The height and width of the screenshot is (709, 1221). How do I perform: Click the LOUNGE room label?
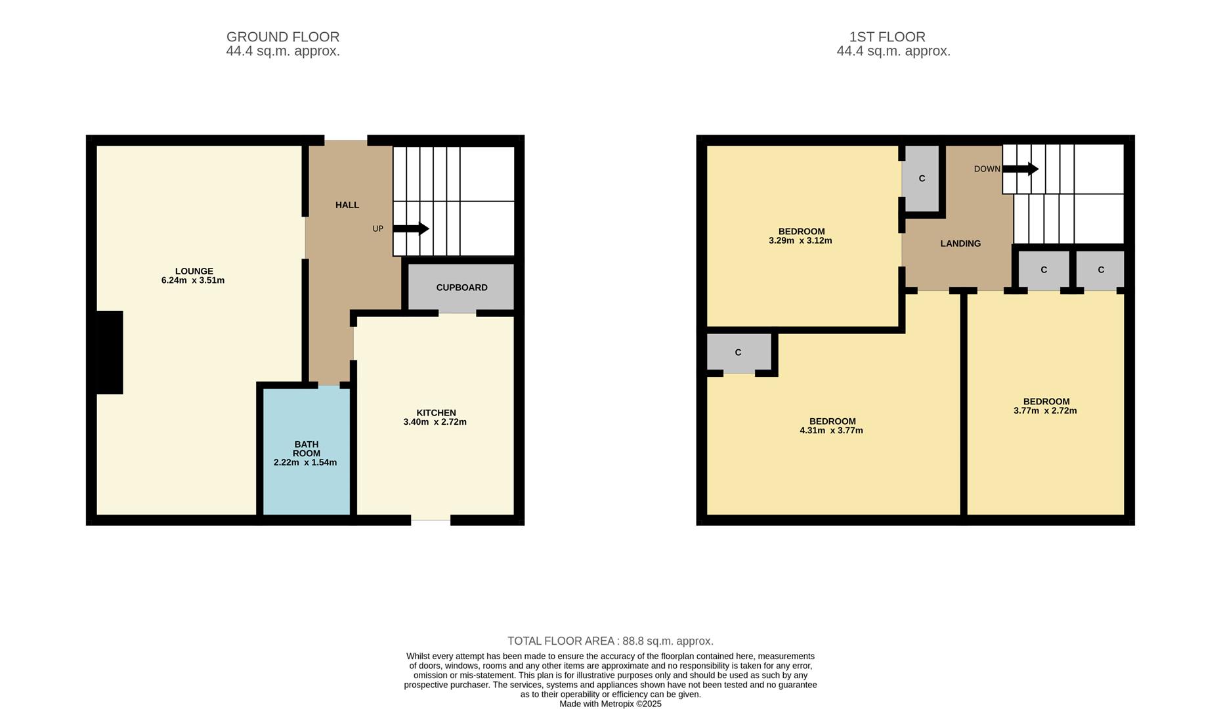[x=194, y=271]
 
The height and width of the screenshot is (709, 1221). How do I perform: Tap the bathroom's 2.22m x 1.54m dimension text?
[x=305, y=462]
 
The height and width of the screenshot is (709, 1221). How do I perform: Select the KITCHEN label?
[x=436, y=413]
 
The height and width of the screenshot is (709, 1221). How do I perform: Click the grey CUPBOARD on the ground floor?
[x=461, y=287]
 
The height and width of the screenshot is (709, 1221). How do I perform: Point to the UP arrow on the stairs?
[x=411, y=229]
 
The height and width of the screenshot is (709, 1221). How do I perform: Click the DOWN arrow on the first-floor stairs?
[x=1020, y=169]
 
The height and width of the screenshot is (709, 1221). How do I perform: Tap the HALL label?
[x=347, y=205]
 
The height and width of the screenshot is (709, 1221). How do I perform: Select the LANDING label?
[x=960, y=244]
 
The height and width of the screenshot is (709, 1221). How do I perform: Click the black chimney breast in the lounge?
[x=110, y=353]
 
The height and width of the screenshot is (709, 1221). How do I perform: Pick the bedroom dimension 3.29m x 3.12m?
[x=800, y=240]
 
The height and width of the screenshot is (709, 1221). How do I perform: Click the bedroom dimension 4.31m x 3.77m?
[x=831, y=431]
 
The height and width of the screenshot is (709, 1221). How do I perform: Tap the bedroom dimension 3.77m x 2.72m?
[x=1045, y=411]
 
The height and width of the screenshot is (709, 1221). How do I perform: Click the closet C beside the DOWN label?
[x=922, y=179]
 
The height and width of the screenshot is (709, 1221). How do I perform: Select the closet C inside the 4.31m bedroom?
[x=739, y=353]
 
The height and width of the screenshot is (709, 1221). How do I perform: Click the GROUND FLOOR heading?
[x=283, y=37]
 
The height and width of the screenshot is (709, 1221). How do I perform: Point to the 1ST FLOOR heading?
[x=888, y=37]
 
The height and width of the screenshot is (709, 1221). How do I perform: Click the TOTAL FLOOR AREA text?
[x=610, y=641]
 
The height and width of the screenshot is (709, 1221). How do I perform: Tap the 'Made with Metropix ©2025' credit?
[x=610, y=704]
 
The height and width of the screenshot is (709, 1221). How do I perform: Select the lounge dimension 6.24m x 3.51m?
[x=193, y=280]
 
